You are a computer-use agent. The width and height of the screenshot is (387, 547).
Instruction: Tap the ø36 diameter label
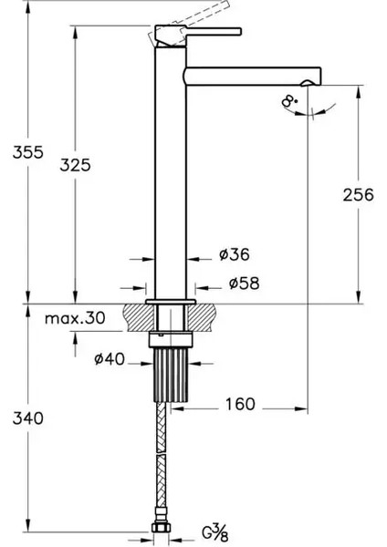coord(234,254)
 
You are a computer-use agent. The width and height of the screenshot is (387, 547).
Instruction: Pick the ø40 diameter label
coord(109,360)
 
